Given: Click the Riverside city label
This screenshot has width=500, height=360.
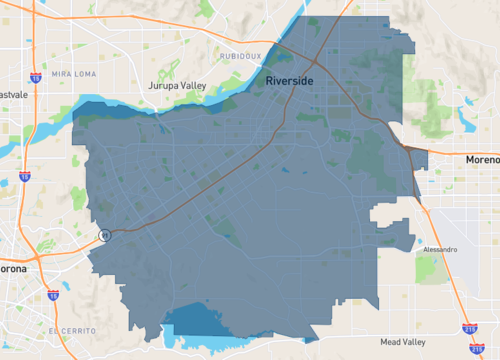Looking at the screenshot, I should [290, 80].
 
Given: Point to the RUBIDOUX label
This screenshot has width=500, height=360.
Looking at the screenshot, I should [240, 56].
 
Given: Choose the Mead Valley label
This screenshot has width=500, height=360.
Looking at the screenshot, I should [403, 342].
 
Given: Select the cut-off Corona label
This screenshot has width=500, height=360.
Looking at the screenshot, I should [14, 270].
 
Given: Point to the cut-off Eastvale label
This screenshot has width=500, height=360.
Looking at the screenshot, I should [12, 95].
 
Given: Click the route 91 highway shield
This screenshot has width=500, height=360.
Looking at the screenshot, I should [103, 235].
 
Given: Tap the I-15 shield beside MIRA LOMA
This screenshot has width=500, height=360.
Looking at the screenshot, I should [36, 77].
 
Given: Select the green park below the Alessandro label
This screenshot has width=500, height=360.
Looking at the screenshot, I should [427, 267].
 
